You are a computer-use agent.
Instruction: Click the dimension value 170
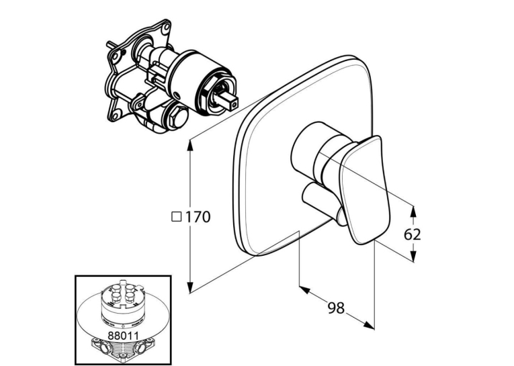tap(198, 217)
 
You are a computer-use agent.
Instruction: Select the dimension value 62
tap(412, 234)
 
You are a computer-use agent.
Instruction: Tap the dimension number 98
tap(337, 308)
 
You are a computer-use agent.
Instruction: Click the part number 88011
tap(123, 335)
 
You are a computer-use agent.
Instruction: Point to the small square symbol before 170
tap(177, 217)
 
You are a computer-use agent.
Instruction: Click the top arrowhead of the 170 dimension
tap(189, 146)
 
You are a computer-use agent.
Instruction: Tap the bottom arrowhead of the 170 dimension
tap(189, 286)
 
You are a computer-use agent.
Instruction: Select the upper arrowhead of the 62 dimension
tap(413, 212)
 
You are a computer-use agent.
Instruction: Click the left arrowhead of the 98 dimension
tap(305, 290)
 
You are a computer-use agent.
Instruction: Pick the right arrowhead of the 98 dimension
tap(368, 324)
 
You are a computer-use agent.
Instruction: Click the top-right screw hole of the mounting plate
tap(167, 26)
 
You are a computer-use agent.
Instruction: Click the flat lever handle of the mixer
tap(366, 190)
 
